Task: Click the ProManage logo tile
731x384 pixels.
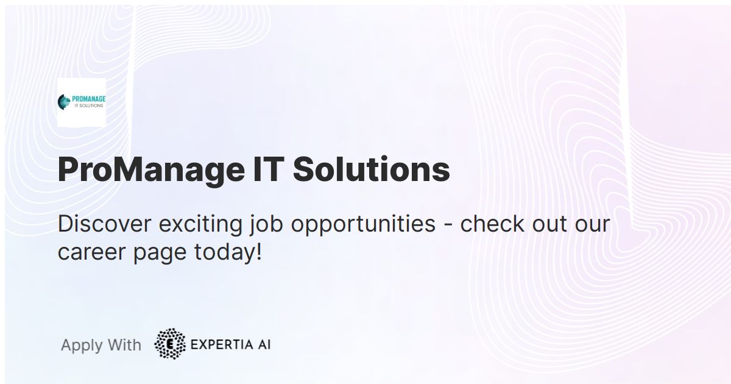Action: tap(81, 102)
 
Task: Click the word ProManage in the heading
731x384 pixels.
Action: tap(150, 170)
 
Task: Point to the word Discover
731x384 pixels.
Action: tap(104, 224)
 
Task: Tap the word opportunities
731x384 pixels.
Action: tap(363, 225)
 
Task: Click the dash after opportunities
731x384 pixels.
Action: tap(448, 225)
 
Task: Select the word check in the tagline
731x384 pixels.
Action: tap(490, 224)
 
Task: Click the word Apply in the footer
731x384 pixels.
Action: tap(82, 346)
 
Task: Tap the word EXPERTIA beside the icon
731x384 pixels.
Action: tap(220, 344)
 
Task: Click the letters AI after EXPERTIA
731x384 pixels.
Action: tap(263, 344)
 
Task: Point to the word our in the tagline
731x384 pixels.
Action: tap(592, 224)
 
